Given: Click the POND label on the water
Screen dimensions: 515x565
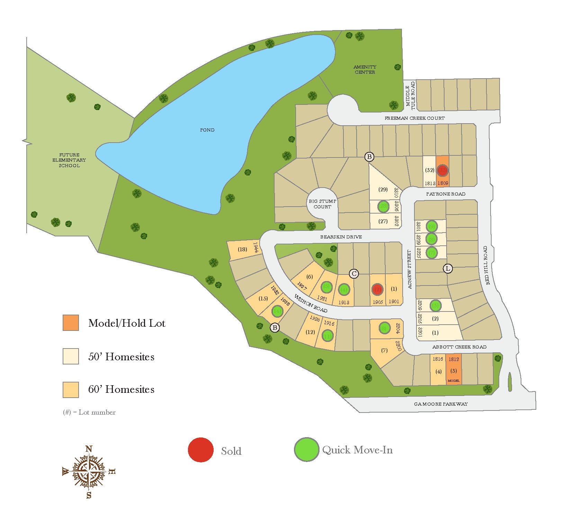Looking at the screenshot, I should coord(207,130).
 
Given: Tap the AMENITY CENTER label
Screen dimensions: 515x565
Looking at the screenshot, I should coord(365,70).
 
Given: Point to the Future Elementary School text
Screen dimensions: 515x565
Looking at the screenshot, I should coord(69,160).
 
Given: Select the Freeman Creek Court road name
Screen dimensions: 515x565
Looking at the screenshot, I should coord(414,118).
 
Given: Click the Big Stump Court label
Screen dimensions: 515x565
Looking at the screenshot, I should coord(322,204).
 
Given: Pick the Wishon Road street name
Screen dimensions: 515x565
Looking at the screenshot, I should coord(311,303).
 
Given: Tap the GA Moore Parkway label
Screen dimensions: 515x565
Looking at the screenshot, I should coord(441,404).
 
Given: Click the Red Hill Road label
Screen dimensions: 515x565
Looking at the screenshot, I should coord(486,265).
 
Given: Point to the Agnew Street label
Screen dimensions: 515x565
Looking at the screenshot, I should coord(410,269).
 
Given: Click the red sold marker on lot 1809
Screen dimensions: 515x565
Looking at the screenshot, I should coord(442,170).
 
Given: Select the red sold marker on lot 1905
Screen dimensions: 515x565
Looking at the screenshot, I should coord(377,289).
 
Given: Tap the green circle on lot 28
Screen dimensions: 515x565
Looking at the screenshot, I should coord(383,206).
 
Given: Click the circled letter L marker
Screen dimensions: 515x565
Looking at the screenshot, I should coord(448,268).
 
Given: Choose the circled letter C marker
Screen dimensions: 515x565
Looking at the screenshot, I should coord(354,274).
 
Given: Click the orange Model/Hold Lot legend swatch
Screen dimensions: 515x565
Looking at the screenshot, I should coord(71,323).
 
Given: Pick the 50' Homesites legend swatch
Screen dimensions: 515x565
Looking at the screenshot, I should coord(71,356).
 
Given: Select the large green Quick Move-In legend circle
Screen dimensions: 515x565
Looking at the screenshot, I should coord(306,450).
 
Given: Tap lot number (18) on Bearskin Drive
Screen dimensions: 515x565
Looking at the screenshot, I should coord(242,249).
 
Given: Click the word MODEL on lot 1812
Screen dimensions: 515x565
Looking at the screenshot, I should coord(454,381).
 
